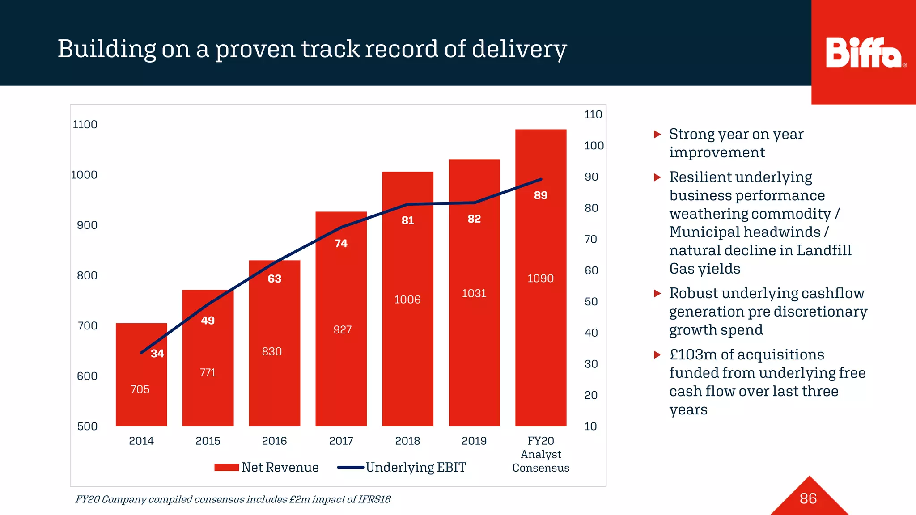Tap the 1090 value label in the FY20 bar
(x=540, y=279)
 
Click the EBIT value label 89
(x=540, y=195)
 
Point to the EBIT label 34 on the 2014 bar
(x=157, y=354)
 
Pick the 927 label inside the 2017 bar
(x=342, y=330)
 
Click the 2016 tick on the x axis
(x=274, y=441)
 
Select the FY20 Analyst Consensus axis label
(x=540, y=454)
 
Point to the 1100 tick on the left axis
(x=85, y=125)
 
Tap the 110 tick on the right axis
(x=593, y=114)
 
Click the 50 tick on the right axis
(x=591, y=302)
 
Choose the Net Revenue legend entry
(x=267, y=468)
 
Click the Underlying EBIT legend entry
(x=402, y=468)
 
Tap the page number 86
(x=808, y=498)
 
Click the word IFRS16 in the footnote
(x=375, y=499)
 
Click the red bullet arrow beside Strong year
(x=657, y=134)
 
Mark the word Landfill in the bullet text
(x=824, y=250)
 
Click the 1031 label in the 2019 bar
(x=474, y=293)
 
